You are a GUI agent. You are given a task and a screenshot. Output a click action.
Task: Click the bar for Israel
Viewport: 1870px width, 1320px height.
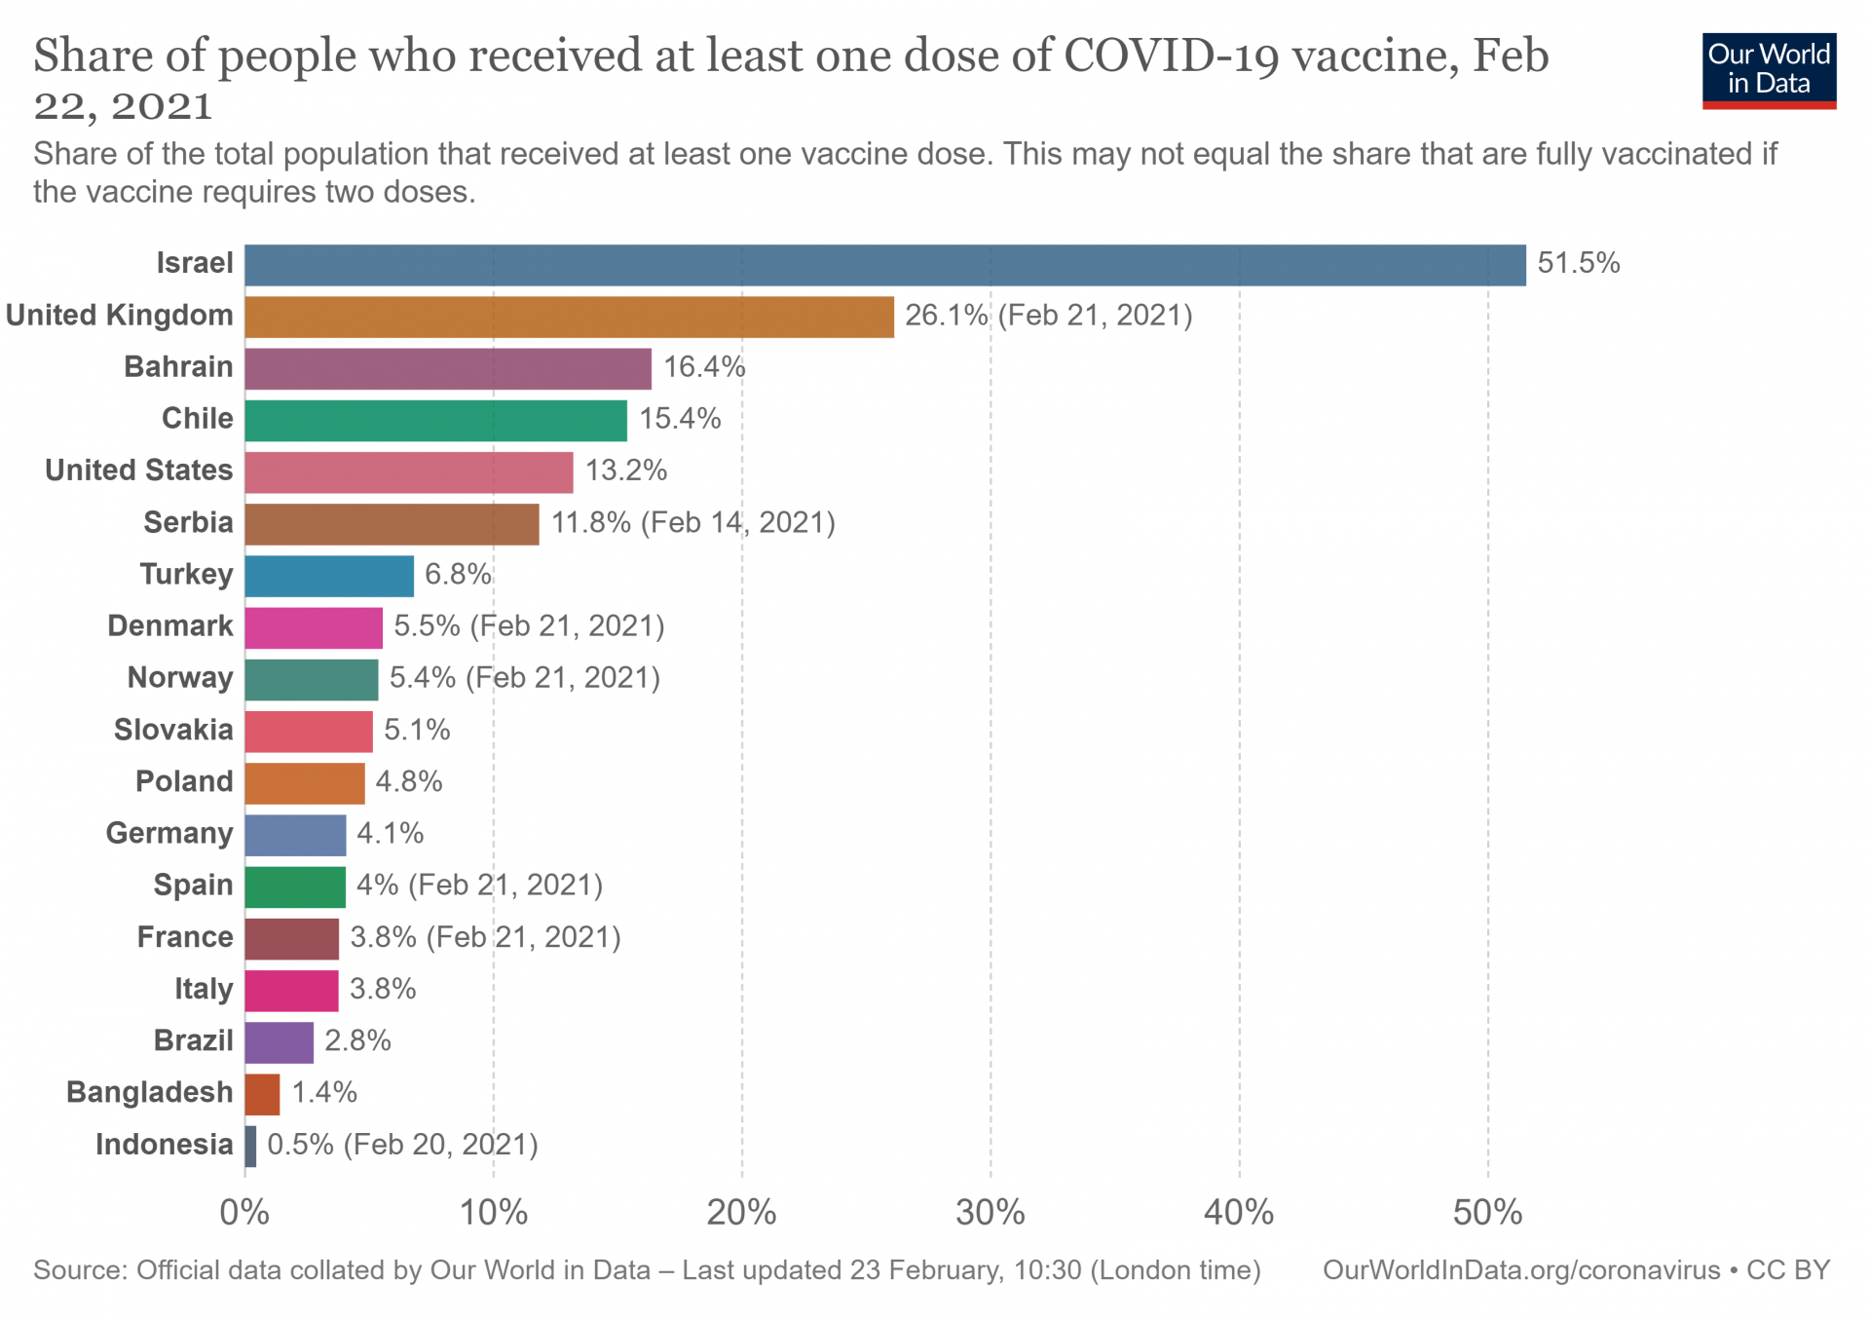(884, 265)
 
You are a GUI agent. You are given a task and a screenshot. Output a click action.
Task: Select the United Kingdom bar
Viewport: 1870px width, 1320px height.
(569, 317)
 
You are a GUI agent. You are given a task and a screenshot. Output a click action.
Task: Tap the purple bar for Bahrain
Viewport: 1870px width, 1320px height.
(448, 368)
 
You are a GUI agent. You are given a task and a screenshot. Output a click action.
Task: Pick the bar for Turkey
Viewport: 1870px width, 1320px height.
(329, 576)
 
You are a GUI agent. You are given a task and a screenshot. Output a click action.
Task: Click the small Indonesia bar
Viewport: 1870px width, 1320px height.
(250, 1146)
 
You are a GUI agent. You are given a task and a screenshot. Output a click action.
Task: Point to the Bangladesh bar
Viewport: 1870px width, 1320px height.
(262, 1094)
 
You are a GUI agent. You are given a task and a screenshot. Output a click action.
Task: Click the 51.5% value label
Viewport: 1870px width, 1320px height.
(1578, 263)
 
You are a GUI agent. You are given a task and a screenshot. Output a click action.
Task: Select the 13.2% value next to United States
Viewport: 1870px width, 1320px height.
(626, 471)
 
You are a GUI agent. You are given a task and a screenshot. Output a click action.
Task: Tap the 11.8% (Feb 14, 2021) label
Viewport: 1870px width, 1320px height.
(693, 523)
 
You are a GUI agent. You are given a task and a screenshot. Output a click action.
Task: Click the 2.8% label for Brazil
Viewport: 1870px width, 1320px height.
(357, 1041)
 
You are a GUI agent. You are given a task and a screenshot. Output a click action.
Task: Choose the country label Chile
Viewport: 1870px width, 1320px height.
(198, 419)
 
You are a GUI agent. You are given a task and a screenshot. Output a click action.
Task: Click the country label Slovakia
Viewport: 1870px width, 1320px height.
(173, 730)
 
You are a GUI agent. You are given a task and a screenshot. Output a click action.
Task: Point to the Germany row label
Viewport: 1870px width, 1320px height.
(169, 833)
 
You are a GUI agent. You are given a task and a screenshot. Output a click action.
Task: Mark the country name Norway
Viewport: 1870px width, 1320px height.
(180, 678)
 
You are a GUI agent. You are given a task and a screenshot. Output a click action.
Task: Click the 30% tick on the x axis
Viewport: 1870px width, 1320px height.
(990, 1213)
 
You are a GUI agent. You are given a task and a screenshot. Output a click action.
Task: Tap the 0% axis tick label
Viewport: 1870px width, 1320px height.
(244, 1213)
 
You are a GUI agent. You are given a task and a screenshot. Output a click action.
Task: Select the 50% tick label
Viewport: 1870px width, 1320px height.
(1487, 1213)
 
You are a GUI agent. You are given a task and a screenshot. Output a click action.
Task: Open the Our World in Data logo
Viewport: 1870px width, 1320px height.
(1769, 70)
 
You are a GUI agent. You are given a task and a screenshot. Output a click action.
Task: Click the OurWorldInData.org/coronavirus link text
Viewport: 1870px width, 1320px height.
(1521, 1270)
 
